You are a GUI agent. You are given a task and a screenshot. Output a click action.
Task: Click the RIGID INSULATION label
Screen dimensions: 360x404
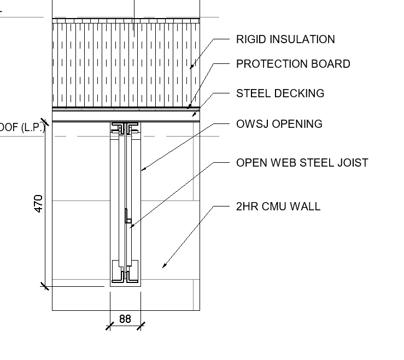[285, 39]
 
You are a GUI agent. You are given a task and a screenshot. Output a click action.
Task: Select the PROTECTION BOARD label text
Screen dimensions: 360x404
[292, 64]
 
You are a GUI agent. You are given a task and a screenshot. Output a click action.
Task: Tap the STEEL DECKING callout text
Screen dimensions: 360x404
[280, 93]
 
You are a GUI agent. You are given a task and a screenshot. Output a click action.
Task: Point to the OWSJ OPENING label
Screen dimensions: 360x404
[279, 124]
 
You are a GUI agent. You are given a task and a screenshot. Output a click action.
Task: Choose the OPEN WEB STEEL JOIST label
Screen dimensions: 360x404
[302, 163]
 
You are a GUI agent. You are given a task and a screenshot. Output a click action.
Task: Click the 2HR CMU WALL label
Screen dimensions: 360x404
[278, 206]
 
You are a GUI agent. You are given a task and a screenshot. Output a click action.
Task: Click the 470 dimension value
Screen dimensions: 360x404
[39, 203]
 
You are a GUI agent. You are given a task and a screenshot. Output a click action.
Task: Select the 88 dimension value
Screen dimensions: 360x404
[125, 318]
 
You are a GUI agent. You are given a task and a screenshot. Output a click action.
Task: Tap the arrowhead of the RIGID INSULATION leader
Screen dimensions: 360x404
[191, 68]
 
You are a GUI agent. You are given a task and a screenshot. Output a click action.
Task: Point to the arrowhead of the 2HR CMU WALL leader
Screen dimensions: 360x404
[163, 267]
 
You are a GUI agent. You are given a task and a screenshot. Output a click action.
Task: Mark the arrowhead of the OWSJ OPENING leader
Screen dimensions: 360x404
[142, 170]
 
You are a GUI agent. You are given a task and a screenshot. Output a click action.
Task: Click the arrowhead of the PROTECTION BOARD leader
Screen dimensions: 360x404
[189, 107]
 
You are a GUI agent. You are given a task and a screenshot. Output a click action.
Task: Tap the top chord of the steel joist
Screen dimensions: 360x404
[125, 129]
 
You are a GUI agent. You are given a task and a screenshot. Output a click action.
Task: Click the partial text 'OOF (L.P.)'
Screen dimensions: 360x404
[22, 128]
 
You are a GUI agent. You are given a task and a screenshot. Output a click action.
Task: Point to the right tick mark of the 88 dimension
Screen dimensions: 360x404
[140, 326]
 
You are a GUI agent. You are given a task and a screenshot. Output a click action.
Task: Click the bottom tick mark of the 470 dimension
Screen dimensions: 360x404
[44, 285]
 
